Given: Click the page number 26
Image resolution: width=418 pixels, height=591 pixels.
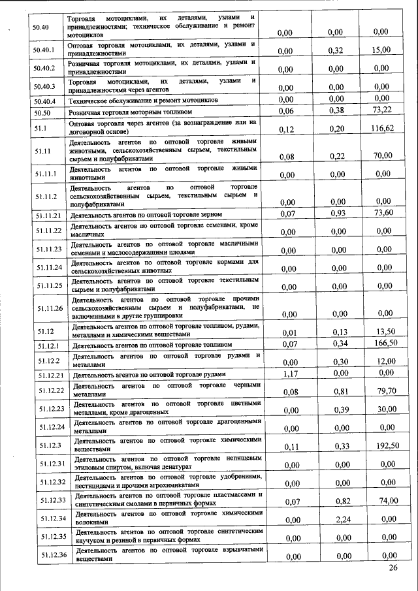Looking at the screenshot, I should pos(393,567).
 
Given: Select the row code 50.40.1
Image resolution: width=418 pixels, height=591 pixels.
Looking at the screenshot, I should pos(44,48).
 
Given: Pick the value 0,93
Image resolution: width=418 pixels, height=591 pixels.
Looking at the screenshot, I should pos(336,214).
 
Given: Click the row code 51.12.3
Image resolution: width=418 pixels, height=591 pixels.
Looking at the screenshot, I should pos(46,445).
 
